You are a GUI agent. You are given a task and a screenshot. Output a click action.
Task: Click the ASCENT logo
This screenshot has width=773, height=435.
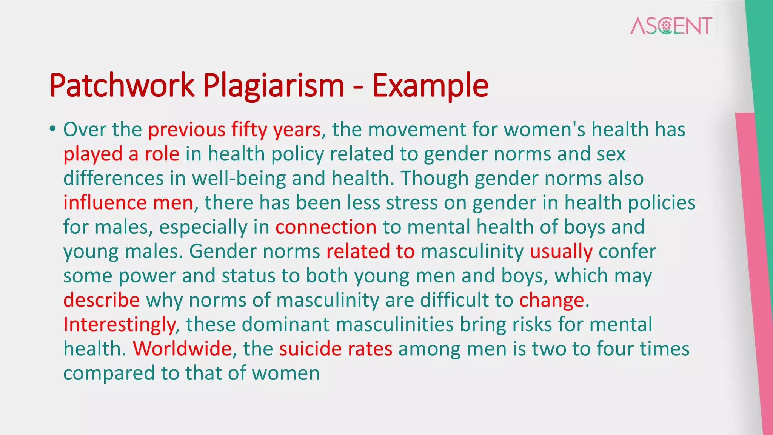[x=671, y=26]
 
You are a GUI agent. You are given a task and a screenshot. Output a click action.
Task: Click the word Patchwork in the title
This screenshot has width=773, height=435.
[x=122, y=86]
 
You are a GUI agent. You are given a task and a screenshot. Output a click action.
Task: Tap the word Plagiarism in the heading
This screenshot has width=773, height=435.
[x=274, y=86]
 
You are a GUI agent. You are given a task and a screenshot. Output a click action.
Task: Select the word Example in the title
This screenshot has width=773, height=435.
[x=430, y=86]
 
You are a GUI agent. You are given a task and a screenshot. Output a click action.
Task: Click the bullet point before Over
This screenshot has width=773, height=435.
[x=52, y=129]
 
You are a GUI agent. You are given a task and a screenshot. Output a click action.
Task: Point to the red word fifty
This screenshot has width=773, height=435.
[x=249, y=130]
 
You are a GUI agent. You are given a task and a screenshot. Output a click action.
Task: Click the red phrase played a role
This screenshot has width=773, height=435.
[x=121, y=154]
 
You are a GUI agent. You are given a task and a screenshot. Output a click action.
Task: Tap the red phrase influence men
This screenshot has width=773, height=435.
[x=128, y=203]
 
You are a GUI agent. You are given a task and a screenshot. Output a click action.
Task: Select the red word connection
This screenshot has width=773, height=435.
[x=326, y=227]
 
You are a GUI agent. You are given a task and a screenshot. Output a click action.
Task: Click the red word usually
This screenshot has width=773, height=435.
[x=561, y=251]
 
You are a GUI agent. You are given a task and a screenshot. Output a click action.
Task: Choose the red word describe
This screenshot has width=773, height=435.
[x=102, y=300]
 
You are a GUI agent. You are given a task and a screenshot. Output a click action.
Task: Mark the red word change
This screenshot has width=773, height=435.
[x=551, y=300]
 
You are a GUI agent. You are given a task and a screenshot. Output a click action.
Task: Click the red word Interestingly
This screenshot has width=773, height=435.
[x=119, y=325]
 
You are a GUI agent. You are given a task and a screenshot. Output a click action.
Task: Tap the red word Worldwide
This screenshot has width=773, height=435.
[x=182, y=349]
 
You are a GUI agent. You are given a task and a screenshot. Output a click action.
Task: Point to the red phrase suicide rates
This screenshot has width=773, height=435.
[x=336, y=349]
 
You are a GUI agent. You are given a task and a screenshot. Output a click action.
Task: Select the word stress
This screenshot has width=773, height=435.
[x=412, y=203]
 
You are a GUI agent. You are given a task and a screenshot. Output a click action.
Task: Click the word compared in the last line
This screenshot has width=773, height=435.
[x=109, y=373]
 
